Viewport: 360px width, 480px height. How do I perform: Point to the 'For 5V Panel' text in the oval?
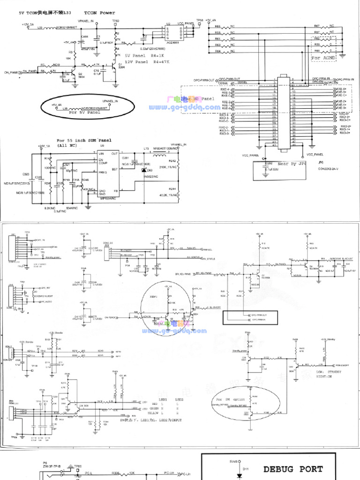[85, 113]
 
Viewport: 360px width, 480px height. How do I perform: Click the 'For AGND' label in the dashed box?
[323, 58]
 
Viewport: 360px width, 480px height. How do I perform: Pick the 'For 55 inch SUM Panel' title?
[84, 140]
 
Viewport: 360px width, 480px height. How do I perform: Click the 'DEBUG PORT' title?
[292, 468]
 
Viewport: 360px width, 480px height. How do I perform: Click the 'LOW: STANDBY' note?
[327, 372]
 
